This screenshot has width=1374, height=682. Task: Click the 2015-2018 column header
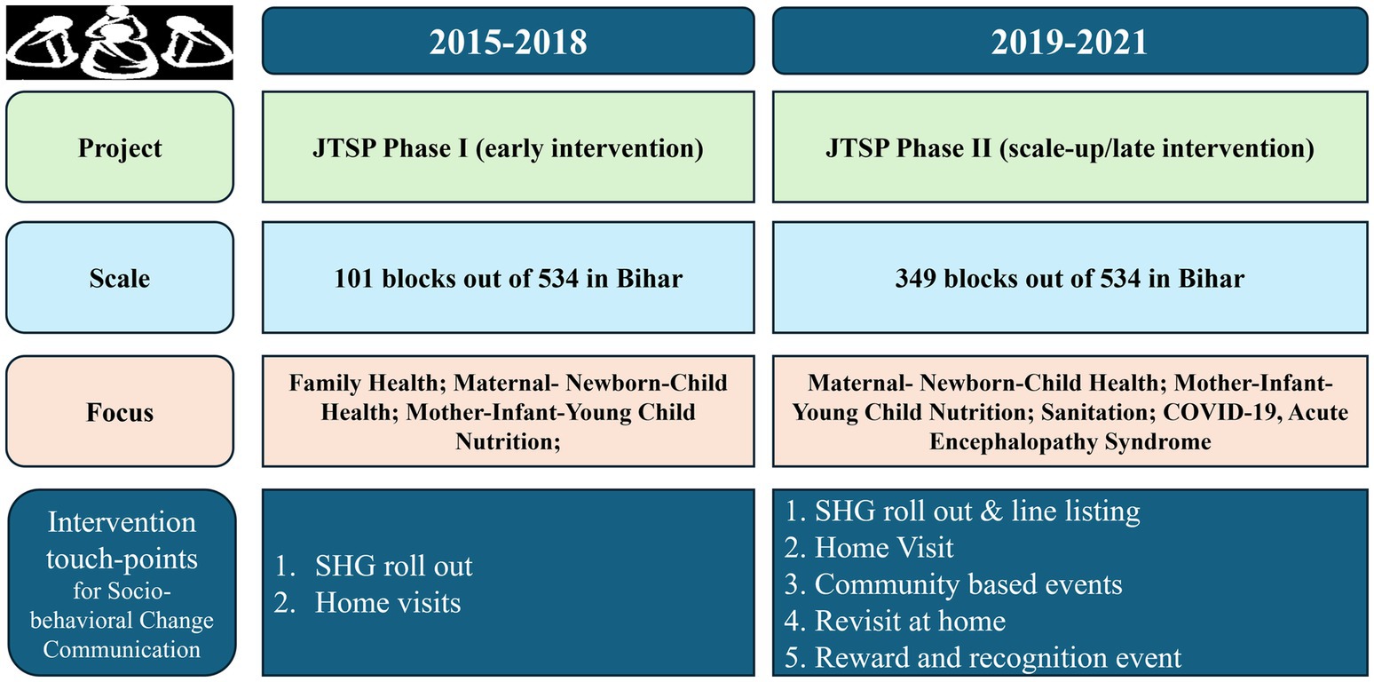coord(508,41)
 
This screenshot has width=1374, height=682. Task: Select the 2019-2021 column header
coord(1070,41)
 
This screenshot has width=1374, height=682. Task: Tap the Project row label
coord(120,147)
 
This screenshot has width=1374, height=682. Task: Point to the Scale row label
coord(120,278)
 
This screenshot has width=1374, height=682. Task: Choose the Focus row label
coord(120,412)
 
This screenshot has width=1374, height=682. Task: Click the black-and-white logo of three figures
coord(120,43)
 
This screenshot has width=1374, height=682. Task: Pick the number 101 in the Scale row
coord(354,279)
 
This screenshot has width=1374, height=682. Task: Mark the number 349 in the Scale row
coord(916,279)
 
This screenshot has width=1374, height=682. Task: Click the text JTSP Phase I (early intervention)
coord(508,148)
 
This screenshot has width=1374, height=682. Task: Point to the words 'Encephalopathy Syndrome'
coord(1070,442)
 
